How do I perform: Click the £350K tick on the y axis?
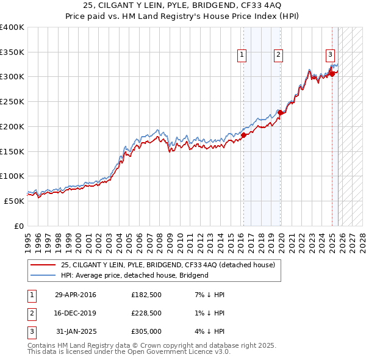[x=12, y=52]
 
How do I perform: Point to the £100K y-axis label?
[x=12, y=176]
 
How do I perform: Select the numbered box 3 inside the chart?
[x=330, y=54]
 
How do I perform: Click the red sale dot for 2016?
[x=243, y=135]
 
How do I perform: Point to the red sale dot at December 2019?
[x=280, y=112]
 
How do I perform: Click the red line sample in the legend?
[x=43, y=265]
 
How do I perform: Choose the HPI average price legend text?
[x=135, y=275]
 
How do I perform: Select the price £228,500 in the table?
[x=146, y=313]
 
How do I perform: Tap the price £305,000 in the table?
[x=146, y=331]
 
